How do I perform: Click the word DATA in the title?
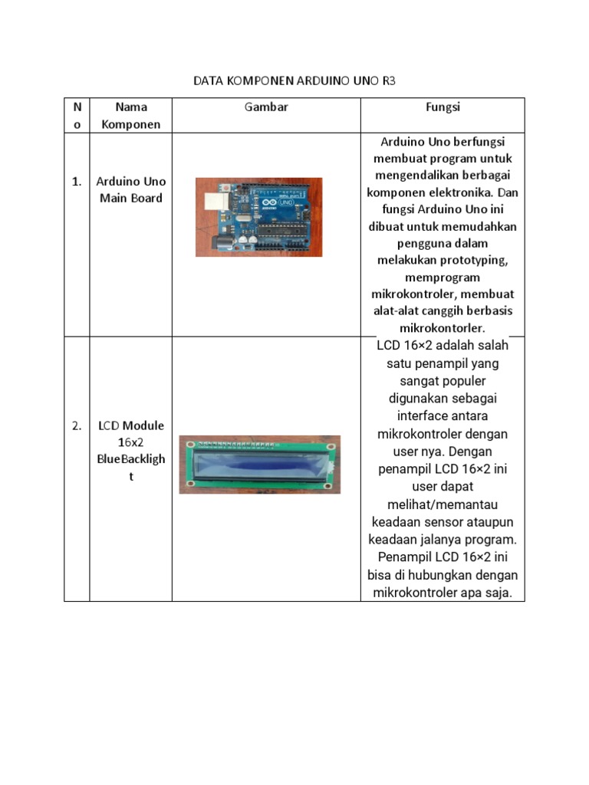(x=208, y=80)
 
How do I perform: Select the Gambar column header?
(x=266, y=107)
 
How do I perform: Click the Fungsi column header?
(x=443, y=107)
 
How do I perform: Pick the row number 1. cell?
(x=77, y=182)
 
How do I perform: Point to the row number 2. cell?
(x=77, y=425)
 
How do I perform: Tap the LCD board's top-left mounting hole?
(x=186, y=442)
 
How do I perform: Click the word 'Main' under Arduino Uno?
(x=111, y=198)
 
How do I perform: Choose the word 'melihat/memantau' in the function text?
(x=443, y=504)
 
